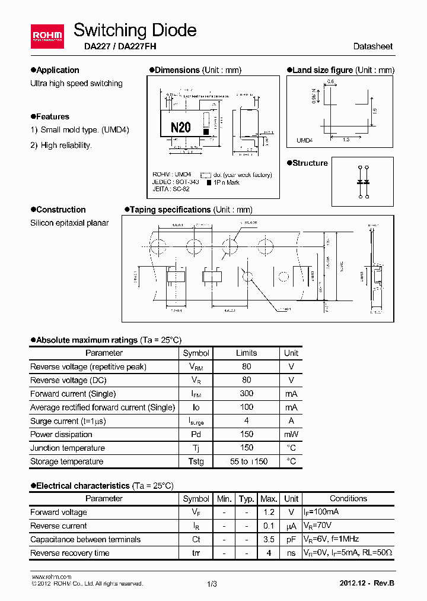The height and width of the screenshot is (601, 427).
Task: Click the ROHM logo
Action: (47, 36)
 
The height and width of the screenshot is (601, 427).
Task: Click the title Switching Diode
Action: (135, 30)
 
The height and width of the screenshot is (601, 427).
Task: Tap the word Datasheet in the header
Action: (372, 46)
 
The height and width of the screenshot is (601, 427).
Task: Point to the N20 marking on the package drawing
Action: (180, 127)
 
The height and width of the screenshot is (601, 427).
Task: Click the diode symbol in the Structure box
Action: (362, 181)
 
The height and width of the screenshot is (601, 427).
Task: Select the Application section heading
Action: (57, 70)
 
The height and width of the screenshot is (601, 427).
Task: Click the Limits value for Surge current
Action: (246, 420)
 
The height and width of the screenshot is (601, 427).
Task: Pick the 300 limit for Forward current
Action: (246, 393)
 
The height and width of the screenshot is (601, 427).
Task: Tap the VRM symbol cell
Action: (196, 367)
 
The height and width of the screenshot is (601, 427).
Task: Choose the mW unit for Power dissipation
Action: (291, 434)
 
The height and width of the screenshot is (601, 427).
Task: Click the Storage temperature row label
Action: (66, 461)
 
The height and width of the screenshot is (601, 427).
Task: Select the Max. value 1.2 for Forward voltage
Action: (269, 512)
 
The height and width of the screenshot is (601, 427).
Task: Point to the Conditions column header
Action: (348, 499)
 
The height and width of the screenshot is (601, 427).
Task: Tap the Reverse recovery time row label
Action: (69, 553)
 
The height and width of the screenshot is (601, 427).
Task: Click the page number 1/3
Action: (212, 584)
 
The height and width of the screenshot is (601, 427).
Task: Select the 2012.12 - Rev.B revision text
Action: (366, 583)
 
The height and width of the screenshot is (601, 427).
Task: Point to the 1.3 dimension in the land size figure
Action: (346, 139)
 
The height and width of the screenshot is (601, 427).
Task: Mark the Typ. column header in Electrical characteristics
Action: (246, 499)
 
